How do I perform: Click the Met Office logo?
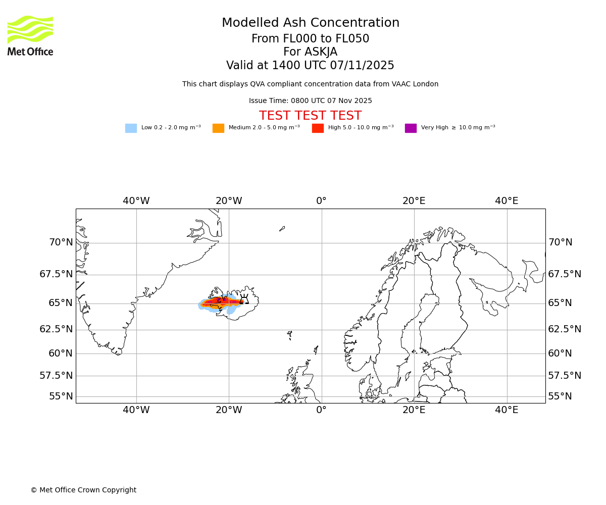(x=30, y=35)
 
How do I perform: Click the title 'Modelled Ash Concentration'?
(x=311, y=23)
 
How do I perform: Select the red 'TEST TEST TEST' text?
(x=310, y=116)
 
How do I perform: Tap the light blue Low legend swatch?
(x=131, y=128)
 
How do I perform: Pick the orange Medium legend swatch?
(x=218, y=128)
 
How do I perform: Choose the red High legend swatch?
(x=318, y=128)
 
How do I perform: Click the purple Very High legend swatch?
(x=411, y=128)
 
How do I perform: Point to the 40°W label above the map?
(x=136, y=201)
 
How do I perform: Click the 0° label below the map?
(x=321, y=410)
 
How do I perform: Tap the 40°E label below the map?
(x=507, y=410)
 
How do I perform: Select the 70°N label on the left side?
(x=61, y=242)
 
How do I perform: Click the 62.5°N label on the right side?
(x=565, y=329)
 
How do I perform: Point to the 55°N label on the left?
(x=61, y=396)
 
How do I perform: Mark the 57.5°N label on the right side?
(x=565, y=376)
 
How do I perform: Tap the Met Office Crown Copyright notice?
(x=83, y=490)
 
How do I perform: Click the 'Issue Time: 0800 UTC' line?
(x=310, y=101)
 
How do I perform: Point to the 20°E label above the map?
(x=414, y=201)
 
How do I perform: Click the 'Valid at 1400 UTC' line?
(x=310, y=66)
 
